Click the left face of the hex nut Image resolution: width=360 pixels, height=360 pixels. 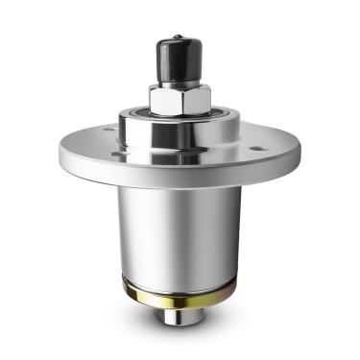164,99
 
